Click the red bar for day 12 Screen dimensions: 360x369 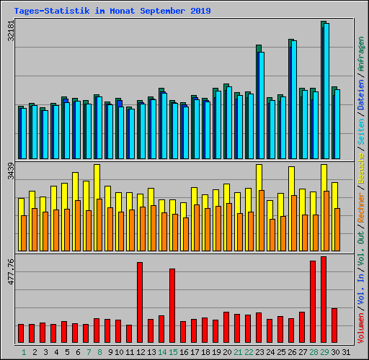140,302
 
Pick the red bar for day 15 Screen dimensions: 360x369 172,306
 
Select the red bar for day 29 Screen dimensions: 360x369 324,300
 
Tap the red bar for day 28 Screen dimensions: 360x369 313,302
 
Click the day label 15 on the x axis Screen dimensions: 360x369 172,352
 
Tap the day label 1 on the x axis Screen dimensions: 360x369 24,352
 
